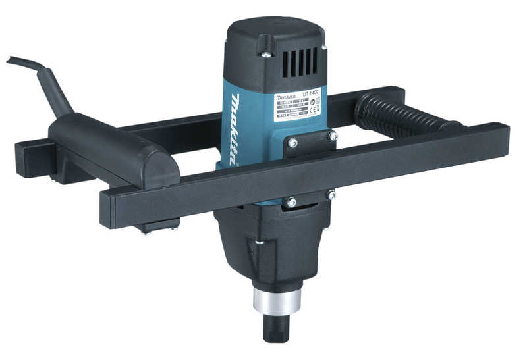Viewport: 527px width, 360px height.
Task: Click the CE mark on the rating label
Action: (314, 111)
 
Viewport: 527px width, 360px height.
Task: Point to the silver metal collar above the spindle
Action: (277, 302)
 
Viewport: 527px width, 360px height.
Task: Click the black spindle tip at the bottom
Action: (277, 327)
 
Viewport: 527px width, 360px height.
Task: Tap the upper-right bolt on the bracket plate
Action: (333, 137)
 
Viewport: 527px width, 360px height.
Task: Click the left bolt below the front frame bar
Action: (291, 203)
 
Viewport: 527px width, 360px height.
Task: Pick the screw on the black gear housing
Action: (260, 242)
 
